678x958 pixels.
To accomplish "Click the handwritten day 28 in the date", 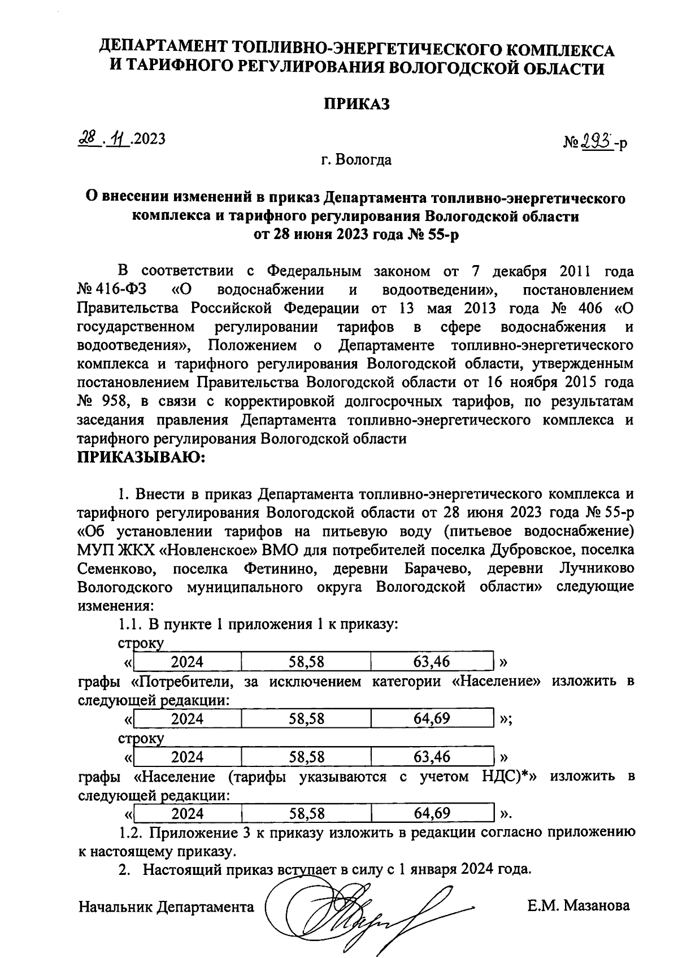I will tap(88, 138).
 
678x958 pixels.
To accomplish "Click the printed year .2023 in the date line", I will tap(149, 138).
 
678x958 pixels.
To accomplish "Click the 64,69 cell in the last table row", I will tap(432, 813).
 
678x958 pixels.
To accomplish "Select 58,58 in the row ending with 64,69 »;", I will tap(306, 719).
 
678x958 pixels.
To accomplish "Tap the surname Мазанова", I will tap(592, 906).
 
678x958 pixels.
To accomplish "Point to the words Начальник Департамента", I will tap(166, 907).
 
